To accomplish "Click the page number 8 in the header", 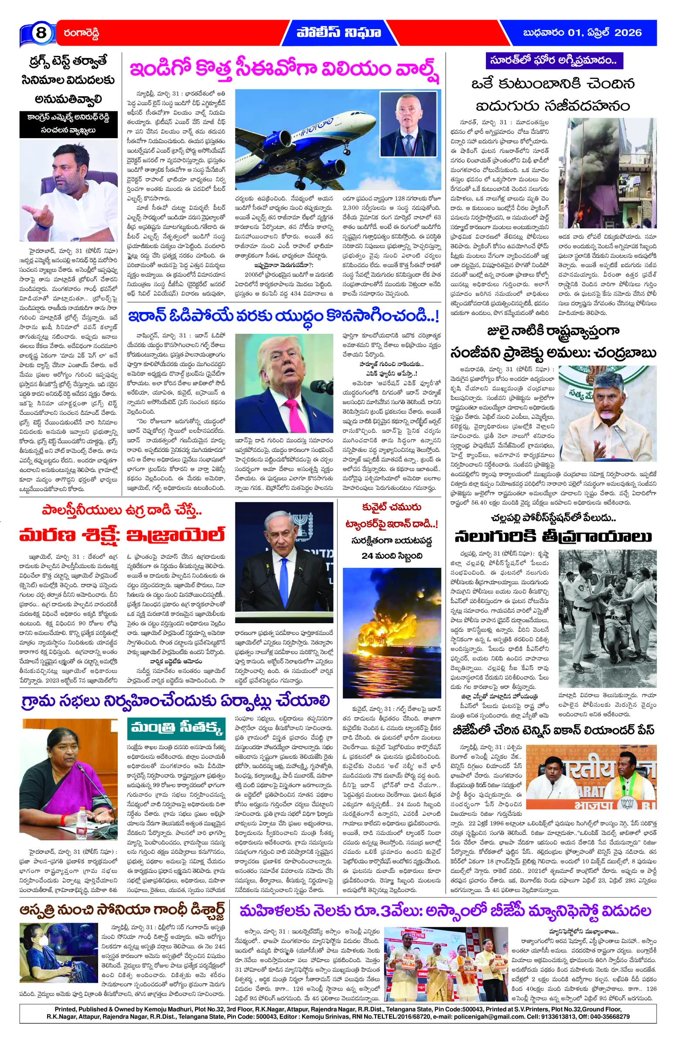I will [40, 33].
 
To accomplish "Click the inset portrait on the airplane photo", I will [409, 123].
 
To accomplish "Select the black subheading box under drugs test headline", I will [68, 124].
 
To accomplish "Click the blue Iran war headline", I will [283, 315].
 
